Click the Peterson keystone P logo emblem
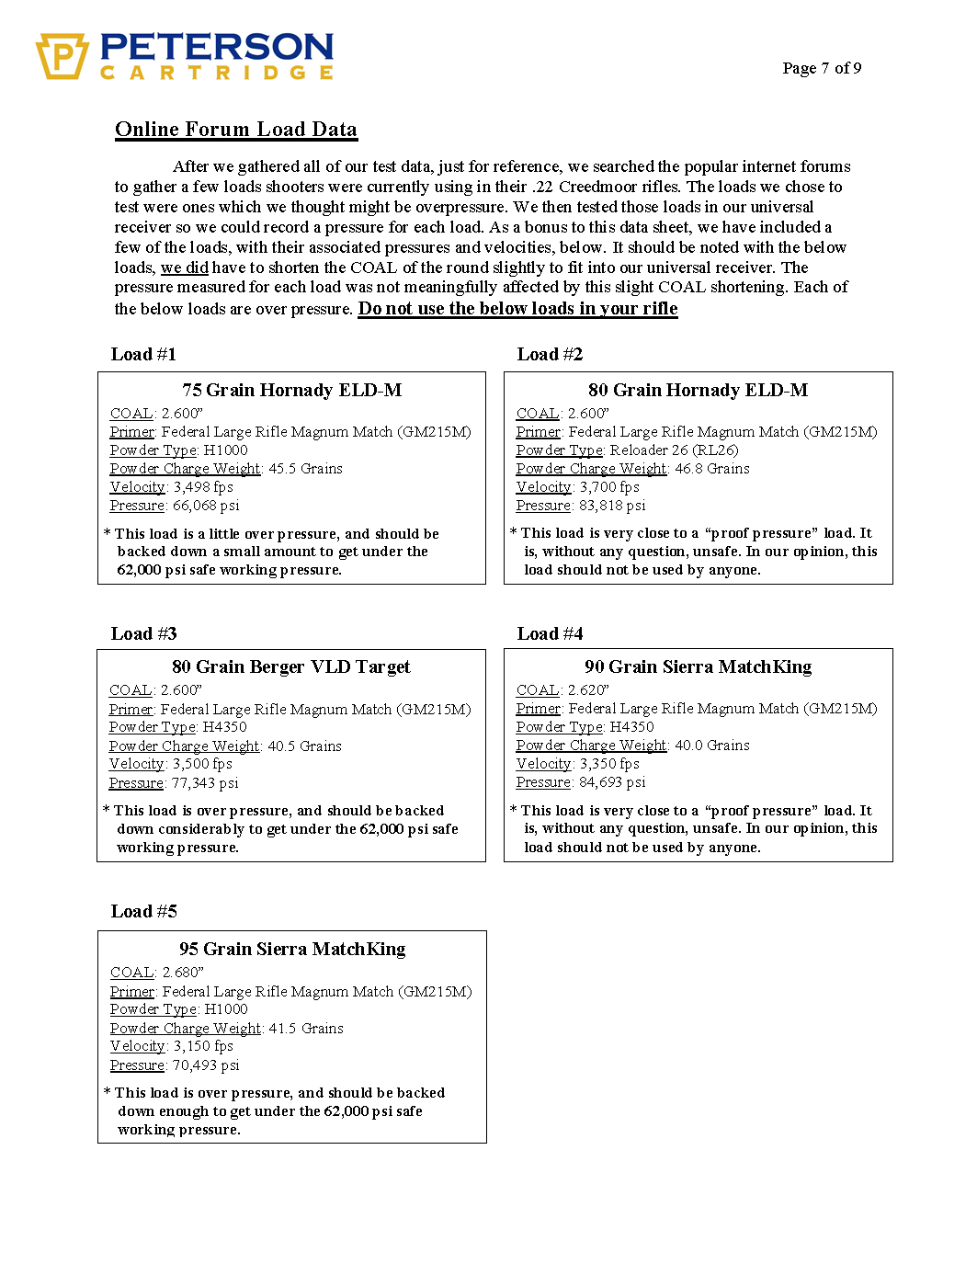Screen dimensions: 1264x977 (62, 56)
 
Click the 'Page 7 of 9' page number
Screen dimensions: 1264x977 (822, 68)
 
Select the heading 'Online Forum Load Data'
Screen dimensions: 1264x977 (236, 130)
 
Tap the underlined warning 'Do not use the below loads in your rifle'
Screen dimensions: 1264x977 (517, 309)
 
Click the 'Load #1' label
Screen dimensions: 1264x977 (143, 355)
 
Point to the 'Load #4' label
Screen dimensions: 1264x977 (550, 634)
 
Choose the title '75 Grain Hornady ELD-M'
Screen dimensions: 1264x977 (291, 391)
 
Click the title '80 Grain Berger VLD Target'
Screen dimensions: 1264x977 (291, 667)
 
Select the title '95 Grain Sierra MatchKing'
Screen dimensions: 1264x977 (292, 950)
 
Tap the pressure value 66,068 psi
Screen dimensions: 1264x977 (206, 506)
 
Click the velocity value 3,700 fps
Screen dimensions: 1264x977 (609, 487)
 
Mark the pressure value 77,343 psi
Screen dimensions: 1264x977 (205, 783)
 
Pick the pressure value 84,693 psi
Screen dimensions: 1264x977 (612, 782)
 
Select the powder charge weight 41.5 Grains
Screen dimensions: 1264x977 (306, 1029)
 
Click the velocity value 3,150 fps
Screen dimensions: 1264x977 (203, 1046)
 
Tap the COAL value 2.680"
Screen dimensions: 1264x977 (183, 973)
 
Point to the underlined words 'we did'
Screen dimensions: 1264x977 (185, 268)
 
